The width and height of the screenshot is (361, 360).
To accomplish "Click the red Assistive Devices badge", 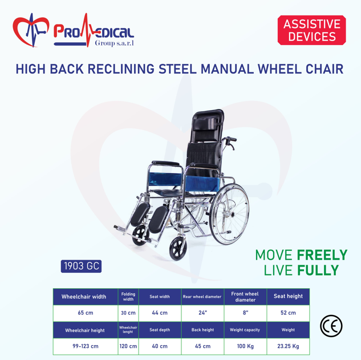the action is [x=312, y=30].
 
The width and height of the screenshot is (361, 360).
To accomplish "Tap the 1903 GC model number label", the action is [x=82, y=266].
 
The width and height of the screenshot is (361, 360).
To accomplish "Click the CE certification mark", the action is [x=331, y=326].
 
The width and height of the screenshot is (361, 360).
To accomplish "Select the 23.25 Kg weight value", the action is [x=288, y=346].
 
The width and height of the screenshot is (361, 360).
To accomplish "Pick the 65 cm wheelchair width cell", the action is [x=86, y=313].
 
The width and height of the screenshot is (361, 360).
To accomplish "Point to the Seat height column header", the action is [x=288, y=297].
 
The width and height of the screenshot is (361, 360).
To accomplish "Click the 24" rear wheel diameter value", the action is [x=202, y=313].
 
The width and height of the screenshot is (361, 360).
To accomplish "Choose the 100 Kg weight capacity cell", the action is [x=245, y=346].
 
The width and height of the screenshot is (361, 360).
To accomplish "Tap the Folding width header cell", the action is [x=128, y=297].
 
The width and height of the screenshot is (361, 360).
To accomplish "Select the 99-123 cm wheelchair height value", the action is [x=86, y=346].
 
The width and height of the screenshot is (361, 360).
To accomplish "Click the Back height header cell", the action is [x=202, y=330].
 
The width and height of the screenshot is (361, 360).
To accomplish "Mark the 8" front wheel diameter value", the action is [x=245, y=313].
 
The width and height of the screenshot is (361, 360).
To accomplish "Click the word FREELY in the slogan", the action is [x=322, y=255].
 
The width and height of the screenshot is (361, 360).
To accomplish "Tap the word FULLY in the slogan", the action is [x=318, y=270].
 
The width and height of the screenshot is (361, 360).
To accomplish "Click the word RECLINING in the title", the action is [x=121, y=69].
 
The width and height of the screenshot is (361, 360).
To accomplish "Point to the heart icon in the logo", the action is [x=31, y=30].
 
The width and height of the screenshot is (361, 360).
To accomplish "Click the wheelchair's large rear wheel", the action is [x=229, y=214].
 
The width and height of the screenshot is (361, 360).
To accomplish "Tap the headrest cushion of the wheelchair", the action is [x=205, y=124].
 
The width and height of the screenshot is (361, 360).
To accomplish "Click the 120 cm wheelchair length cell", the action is [x=128, y=346].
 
